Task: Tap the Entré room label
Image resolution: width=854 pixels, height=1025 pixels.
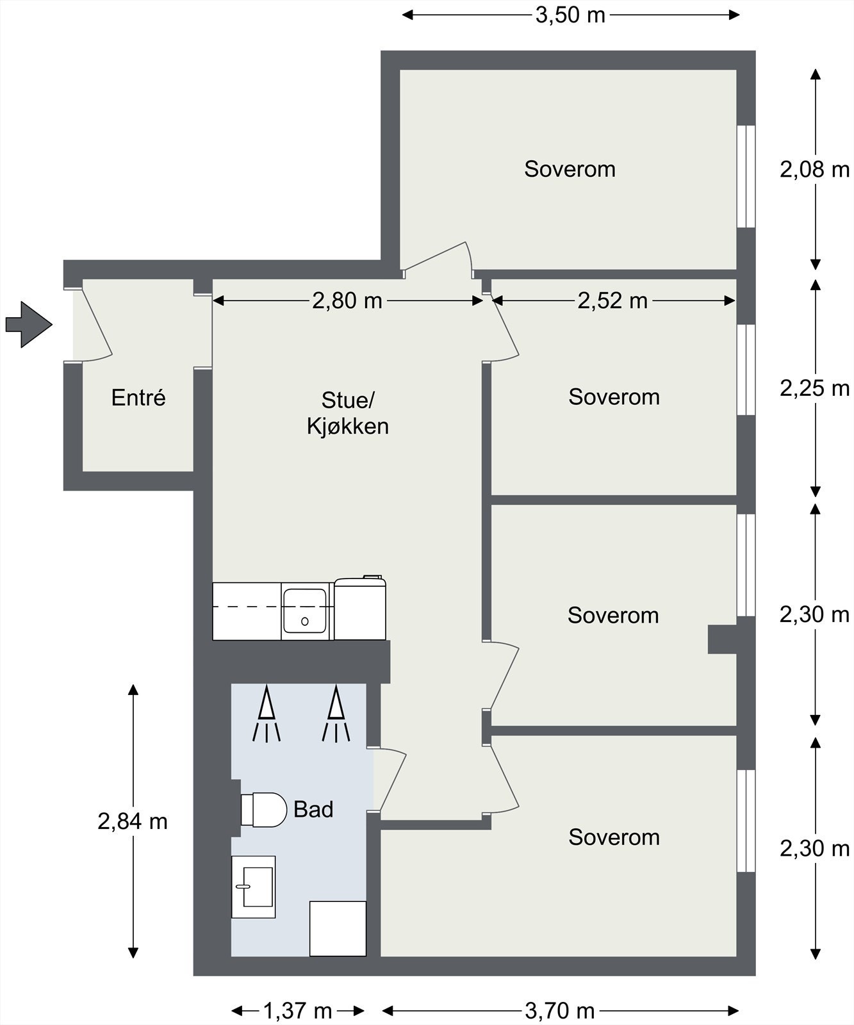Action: point(138,398)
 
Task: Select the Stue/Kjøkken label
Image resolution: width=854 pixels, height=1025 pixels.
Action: point(348,413)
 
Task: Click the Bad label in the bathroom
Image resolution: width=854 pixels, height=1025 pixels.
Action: point(313,809)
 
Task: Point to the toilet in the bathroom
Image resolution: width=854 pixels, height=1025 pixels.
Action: point(263,810)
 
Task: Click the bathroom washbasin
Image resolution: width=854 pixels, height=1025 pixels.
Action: point(253,887)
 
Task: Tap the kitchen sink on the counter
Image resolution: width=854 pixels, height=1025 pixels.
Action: point(306,611)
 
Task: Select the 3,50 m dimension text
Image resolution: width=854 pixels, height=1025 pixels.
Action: point(570,15)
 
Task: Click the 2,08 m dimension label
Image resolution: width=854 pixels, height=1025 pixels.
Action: point(814,170)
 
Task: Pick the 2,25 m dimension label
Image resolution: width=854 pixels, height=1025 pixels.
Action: point(814,388)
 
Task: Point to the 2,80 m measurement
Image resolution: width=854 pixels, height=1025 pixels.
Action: point(347,300)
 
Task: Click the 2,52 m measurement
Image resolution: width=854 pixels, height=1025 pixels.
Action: point(612,300)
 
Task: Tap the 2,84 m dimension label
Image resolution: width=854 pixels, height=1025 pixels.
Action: point(133,821)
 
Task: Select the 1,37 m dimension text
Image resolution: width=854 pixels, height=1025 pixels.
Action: point(298,1011)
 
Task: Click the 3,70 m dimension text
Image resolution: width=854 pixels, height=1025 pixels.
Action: point(560,1011)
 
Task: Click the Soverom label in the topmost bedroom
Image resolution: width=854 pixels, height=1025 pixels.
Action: point(570,168)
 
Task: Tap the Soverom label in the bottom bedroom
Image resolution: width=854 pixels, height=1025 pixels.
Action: point(614,837)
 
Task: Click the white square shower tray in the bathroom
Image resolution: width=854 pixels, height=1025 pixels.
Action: point(338,928)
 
